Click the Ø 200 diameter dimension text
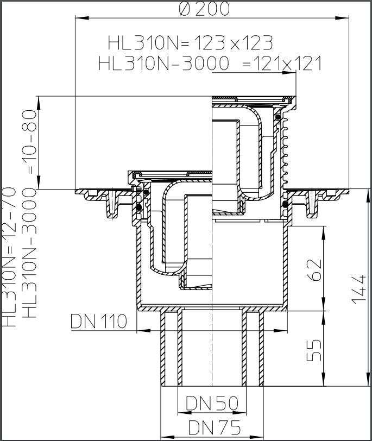click(204, 8)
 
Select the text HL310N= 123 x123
click(190, 42)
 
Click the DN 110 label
click(99, 321)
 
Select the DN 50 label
click(212, 402)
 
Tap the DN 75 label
click(214, 428)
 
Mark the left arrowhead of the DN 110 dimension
click(140, 330)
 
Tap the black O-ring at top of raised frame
click(278, 116)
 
